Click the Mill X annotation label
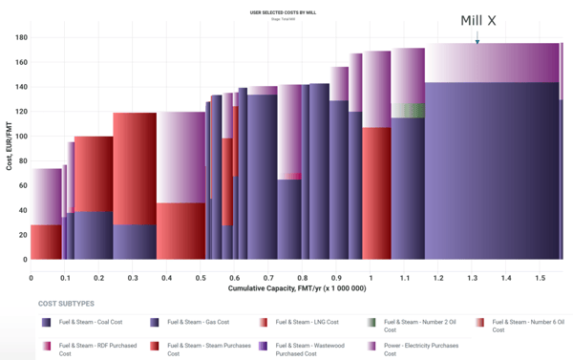pyautogui.click(x=478, y=20)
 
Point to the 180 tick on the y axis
pyautogui.click(x=19, y=37)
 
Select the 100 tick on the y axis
pyautogui.click(x=19, y=136)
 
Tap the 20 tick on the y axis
pyautogui.click(x=21, y=234)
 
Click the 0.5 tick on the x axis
pyautogui.click(x=200, y=277)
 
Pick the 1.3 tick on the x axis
pyautogui.click(x=471, y=277)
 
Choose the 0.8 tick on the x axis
pyautogui.click(x=302, y=277)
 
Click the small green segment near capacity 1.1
pyautogui.click(x=408, y=110)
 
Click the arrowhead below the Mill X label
pyautogui.click(x=477, y=40)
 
